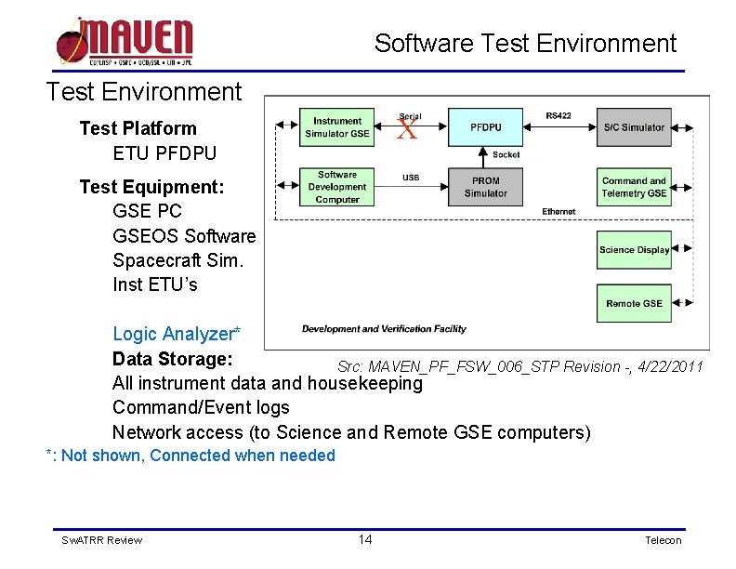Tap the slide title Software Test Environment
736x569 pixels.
tap(525, 44)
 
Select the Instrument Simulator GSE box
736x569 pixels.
tap(336, 127)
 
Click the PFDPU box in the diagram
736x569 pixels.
tap(485, 127)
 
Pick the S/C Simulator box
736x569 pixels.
tap(634, 127)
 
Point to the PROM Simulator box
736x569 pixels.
tap(485, 187)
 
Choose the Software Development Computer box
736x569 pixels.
tap(336, 187)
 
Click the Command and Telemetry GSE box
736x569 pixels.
tap(634, 187)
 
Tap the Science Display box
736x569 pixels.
tap(634, 249)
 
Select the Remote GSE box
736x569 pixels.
tap(634, 303)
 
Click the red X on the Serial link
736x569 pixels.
tap(406, 130)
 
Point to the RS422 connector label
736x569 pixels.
tap(559, 116)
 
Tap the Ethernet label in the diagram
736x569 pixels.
tap(559, 212)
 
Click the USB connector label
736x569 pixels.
tap(411, 178)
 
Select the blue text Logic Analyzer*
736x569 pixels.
tap(177, 334)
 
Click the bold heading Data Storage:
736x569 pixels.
tap(172, 359)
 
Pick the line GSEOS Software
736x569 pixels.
tap(183, 236)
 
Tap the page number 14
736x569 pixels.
tap(365, 540)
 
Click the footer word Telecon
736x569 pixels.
tap(663, 540)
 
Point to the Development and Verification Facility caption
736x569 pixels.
tap(384, 329)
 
